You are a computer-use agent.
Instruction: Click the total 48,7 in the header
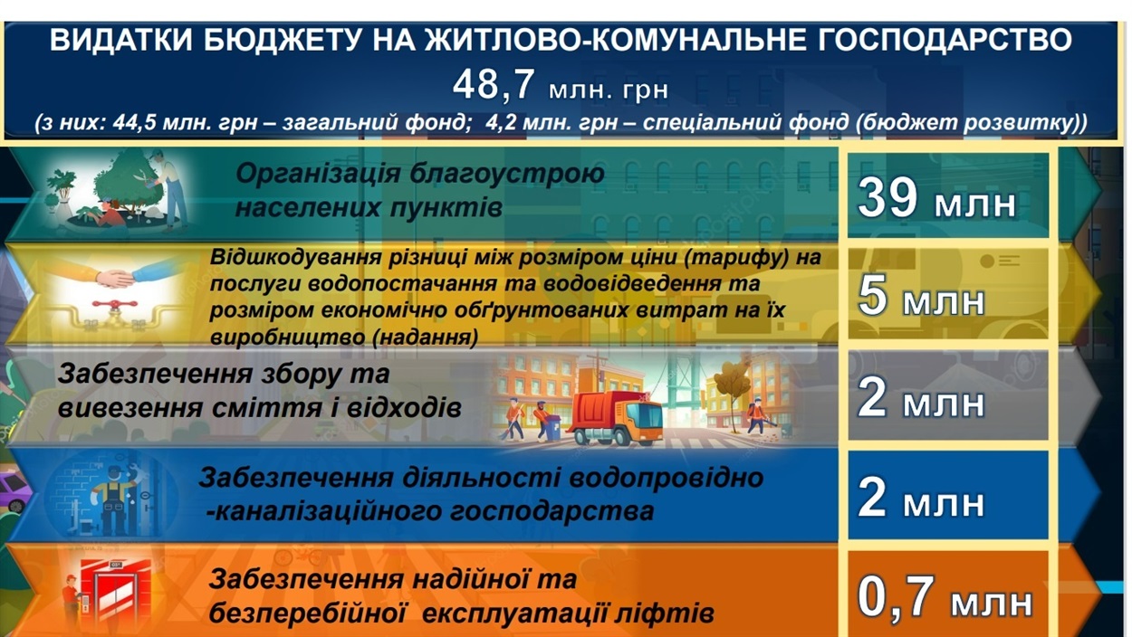[x=493, y=84]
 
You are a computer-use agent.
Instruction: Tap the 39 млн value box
[x=948, y=195]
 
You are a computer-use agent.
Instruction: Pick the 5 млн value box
[x=948, y=294]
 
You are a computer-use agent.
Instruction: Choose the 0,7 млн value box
[x=948, y=594]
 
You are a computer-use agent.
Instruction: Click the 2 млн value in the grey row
[x=921, y=399]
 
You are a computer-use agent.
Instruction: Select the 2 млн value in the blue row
[x=921, y=499]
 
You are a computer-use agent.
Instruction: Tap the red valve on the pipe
[x=115, y=306]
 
